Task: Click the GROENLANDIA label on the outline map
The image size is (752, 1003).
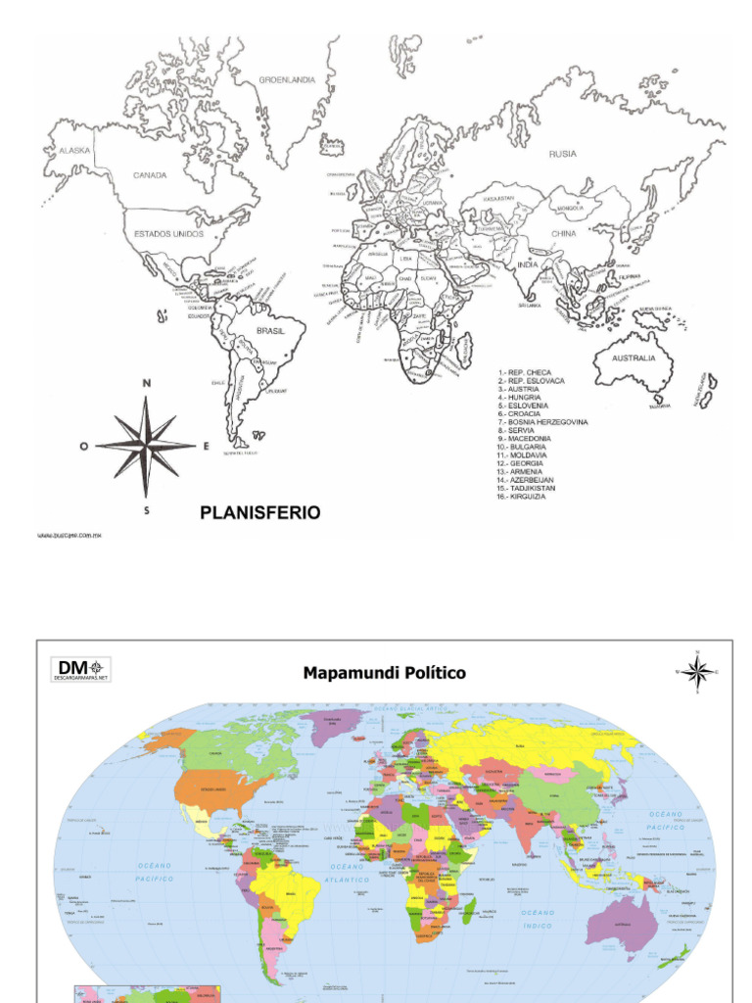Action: (x=287, y=80)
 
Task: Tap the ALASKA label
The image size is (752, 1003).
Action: (x=74, y=151)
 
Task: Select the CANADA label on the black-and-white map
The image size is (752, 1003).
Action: (x=150, y=176)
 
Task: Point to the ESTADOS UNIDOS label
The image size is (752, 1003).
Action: (x=168, y=235)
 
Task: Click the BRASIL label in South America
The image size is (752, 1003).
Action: (x=270, y=331)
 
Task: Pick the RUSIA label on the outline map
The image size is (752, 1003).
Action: (x=562, y=154)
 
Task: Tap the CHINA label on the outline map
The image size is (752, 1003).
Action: (x=563, y=235)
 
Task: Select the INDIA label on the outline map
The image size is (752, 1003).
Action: (x=528, y=265)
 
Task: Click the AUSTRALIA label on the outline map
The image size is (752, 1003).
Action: (x=634, y=358)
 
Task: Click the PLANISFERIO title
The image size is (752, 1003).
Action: (x=259, y=512)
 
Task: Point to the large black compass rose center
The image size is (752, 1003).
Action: (x=146, y=446)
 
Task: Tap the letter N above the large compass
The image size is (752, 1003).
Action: (x=147, y=384)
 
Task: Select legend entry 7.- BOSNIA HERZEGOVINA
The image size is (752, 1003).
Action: (x=543, y=422)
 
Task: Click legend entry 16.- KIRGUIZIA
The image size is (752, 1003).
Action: (x=522, y=496)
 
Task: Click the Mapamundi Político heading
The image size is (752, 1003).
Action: (x=384, y=673)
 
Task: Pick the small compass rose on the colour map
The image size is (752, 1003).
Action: (x=697, y=672)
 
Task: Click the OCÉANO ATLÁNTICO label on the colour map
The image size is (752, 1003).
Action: (x=349, y=873)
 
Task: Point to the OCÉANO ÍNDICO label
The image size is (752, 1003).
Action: (x=538, y=919)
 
